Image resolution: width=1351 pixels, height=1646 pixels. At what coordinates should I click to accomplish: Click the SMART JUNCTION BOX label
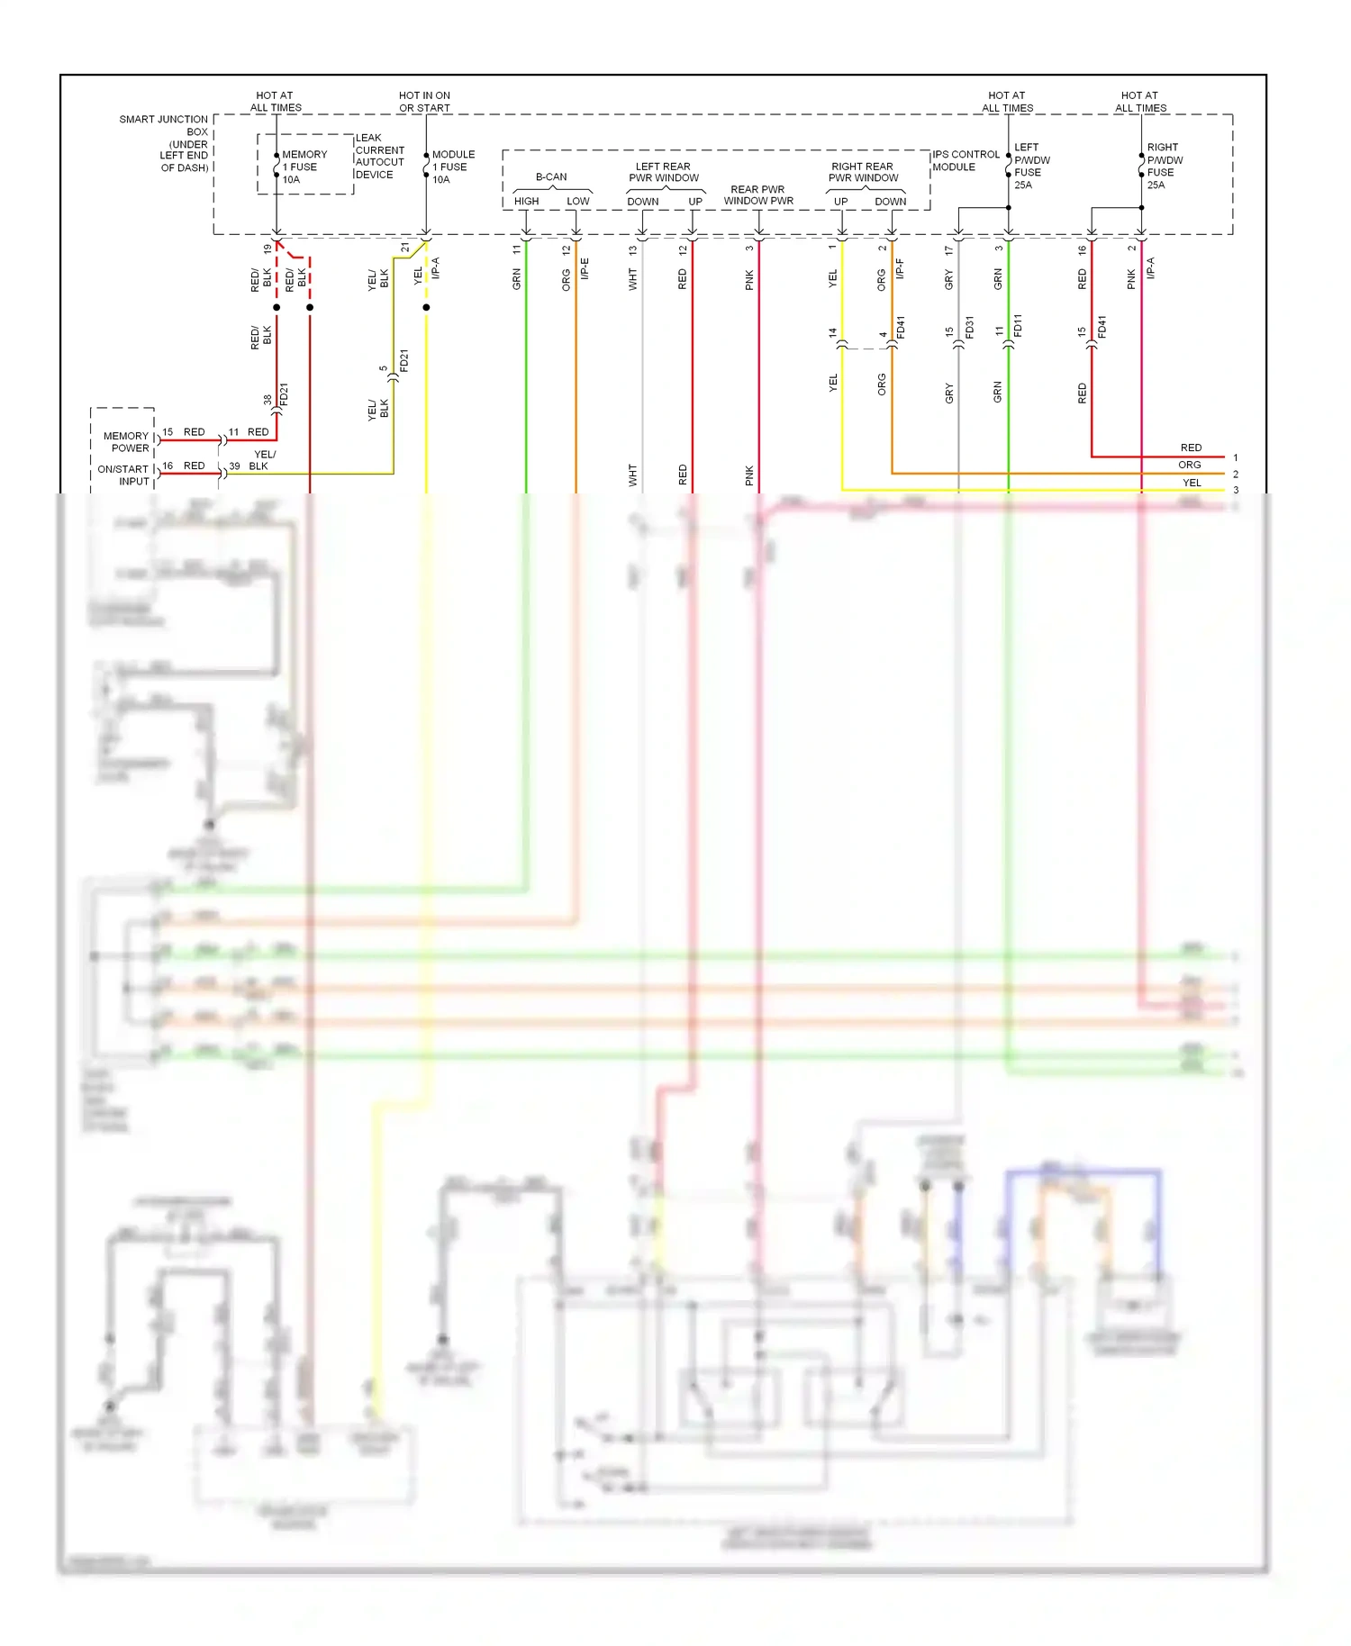point(166,143)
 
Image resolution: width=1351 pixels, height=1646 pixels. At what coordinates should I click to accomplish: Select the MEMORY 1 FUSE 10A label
point(304,167)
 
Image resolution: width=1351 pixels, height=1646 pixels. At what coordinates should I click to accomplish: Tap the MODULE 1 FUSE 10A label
point(452,167)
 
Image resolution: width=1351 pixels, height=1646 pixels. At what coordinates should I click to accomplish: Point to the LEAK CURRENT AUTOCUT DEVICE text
point(379,157)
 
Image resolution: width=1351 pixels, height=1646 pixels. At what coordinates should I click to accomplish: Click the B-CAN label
point(551,176)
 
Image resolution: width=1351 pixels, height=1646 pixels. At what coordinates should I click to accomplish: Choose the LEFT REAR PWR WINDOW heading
point(664,172)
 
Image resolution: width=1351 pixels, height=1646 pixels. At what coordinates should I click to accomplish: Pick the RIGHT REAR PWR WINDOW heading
point(863,172)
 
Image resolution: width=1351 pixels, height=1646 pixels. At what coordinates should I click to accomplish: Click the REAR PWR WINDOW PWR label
point(758,195)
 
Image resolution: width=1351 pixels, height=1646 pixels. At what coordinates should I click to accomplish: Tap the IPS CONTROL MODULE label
point(965,160)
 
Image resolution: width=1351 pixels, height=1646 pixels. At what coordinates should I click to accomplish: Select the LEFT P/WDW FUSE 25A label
point(1031,166)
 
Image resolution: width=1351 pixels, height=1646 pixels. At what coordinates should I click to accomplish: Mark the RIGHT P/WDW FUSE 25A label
point(1165,166)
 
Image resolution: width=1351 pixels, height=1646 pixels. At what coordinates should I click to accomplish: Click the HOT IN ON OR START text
point(424,102)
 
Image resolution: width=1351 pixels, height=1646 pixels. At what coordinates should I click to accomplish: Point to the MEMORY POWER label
point(126,441)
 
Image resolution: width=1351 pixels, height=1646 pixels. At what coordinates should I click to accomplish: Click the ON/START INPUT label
point(123,475)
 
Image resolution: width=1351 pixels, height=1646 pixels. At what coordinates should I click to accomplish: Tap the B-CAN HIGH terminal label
point(527,201)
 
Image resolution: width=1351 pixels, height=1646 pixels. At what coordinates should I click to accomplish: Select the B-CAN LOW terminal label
point(578,201)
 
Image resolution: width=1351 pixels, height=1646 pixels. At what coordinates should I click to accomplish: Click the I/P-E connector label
point(585,268)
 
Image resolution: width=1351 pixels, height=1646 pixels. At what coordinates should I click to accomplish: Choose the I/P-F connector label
point(900,268)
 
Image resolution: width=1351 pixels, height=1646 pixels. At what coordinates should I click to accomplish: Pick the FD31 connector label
point(970,327)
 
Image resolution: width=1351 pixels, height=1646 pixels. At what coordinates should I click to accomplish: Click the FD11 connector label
point(1019,325)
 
